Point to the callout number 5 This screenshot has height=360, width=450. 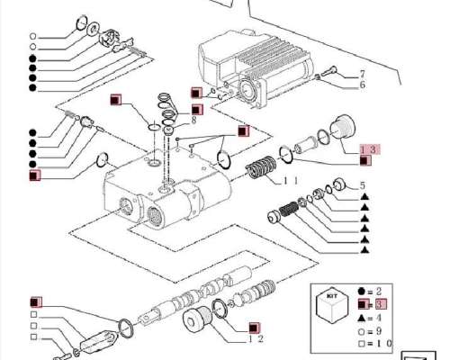(363, 186)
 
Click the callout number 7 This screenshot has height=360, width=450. (363, 73)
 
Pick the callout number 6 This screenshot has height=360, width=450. (363, 85)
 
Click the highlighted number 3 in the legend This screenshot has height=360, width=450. (379, 304)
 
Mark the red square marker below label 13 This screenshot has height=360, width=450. (363, 160)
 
